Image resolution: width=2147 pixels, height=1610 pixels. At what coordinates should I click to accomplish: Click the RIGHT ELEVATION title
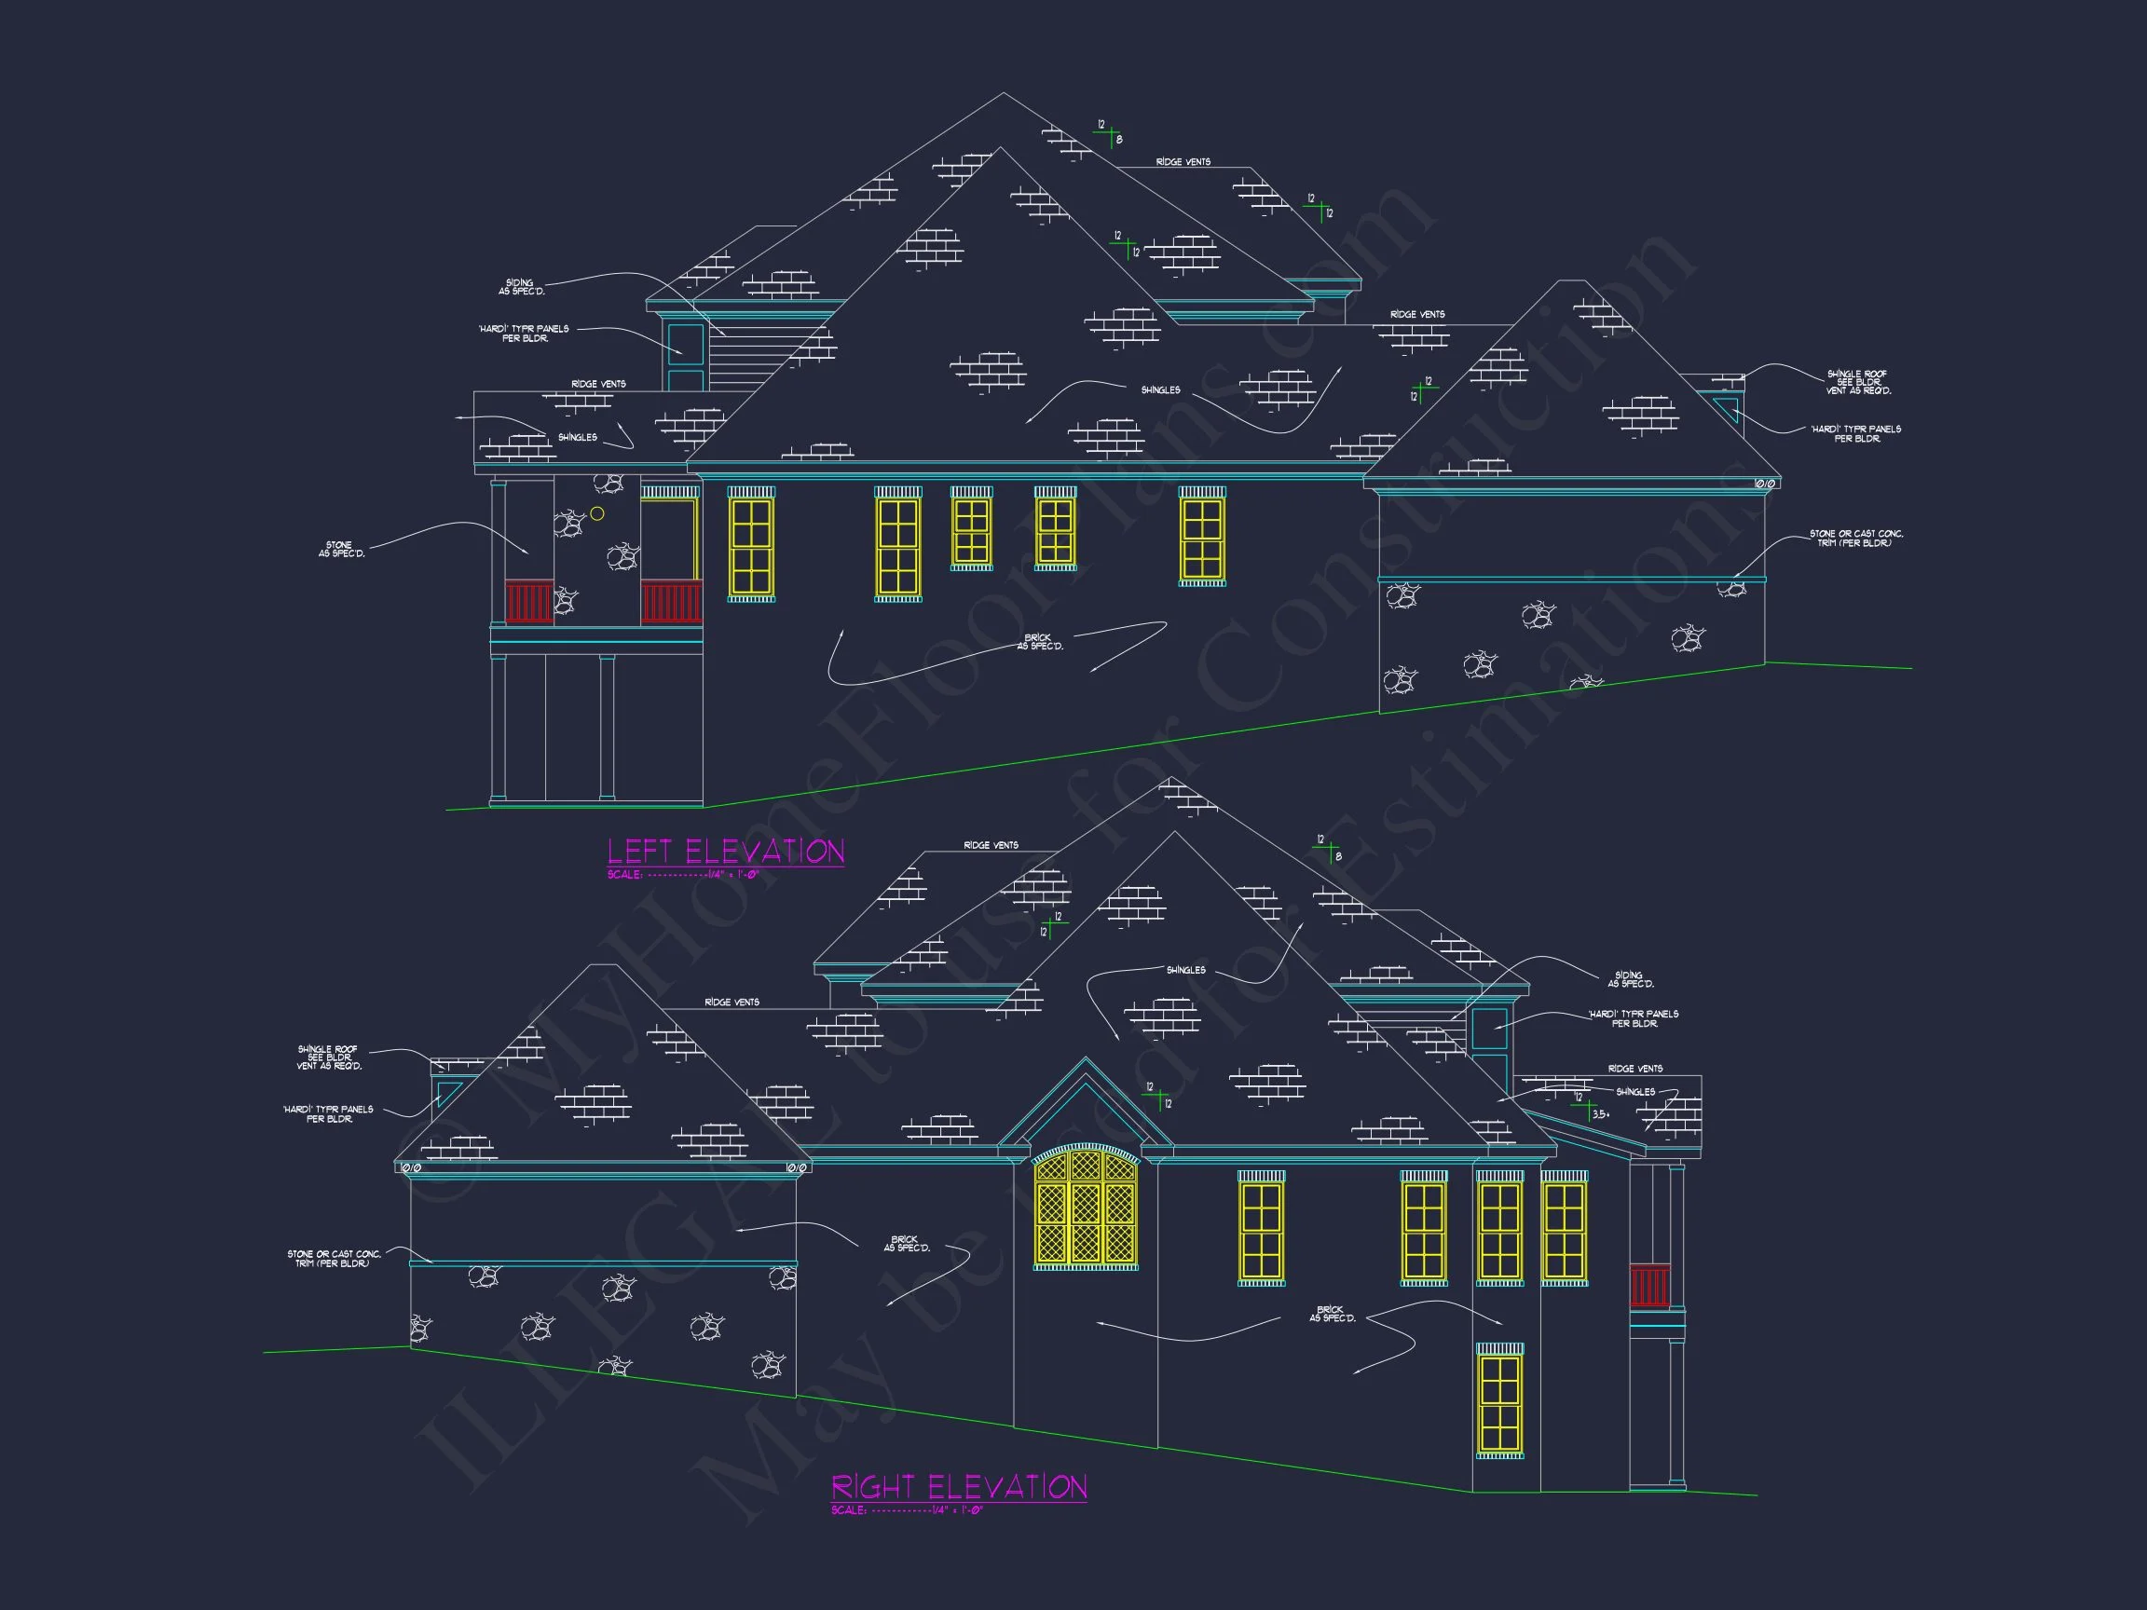pyautogui.click(x=959, y=1487)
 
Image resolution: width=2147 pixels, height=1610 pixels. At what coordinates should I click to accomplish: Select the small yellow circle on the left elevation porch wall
pyautogui.click(x=598, y=513)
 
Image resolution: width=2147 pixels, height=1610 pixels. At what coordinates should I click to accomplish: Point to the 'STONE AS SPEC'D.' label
pyautogui.click(x=342, y=550)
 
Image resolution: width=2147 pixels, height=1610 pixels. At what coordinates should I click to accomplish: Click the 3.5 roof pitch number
pyautogui.click(x=1601, y=1114)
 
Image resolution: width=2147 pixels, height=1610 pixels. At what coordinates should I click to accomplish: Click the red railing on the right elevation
pyautogui.click(x=1649, y=1285)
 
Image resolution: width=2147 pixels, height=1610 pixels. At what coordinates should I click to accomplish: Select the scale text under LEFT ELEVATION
pyautogui.click(x=682, y=874)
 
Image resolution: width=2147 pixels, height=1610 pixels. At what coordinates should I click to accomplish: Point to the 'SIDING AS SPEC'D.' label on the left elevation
pyautogui.click(x=521, y=287)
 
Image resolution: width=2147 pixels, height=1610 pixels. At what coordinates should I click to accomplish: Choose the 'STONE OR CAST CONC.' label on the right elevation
pyautogui.click(x=334, y=1259)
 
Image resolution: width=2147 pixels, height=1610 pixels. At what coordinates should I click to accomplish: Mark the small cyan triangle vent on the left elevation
pyautogui.click(x=1727, y=407)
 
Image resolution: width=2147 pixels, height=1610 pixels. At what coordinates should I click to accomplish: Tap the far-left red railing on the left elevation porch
pyautogui.click(x=529, y=602)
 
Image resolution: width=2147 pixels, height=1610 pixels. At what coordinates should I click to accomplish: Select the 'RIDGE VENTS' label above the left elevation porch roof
pyautogui.click(x=598, y=384)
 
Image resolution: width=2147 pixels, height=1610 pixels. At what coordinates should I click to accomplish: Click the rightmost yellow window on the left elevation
pyautogui.click(x=1201, y=537)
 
